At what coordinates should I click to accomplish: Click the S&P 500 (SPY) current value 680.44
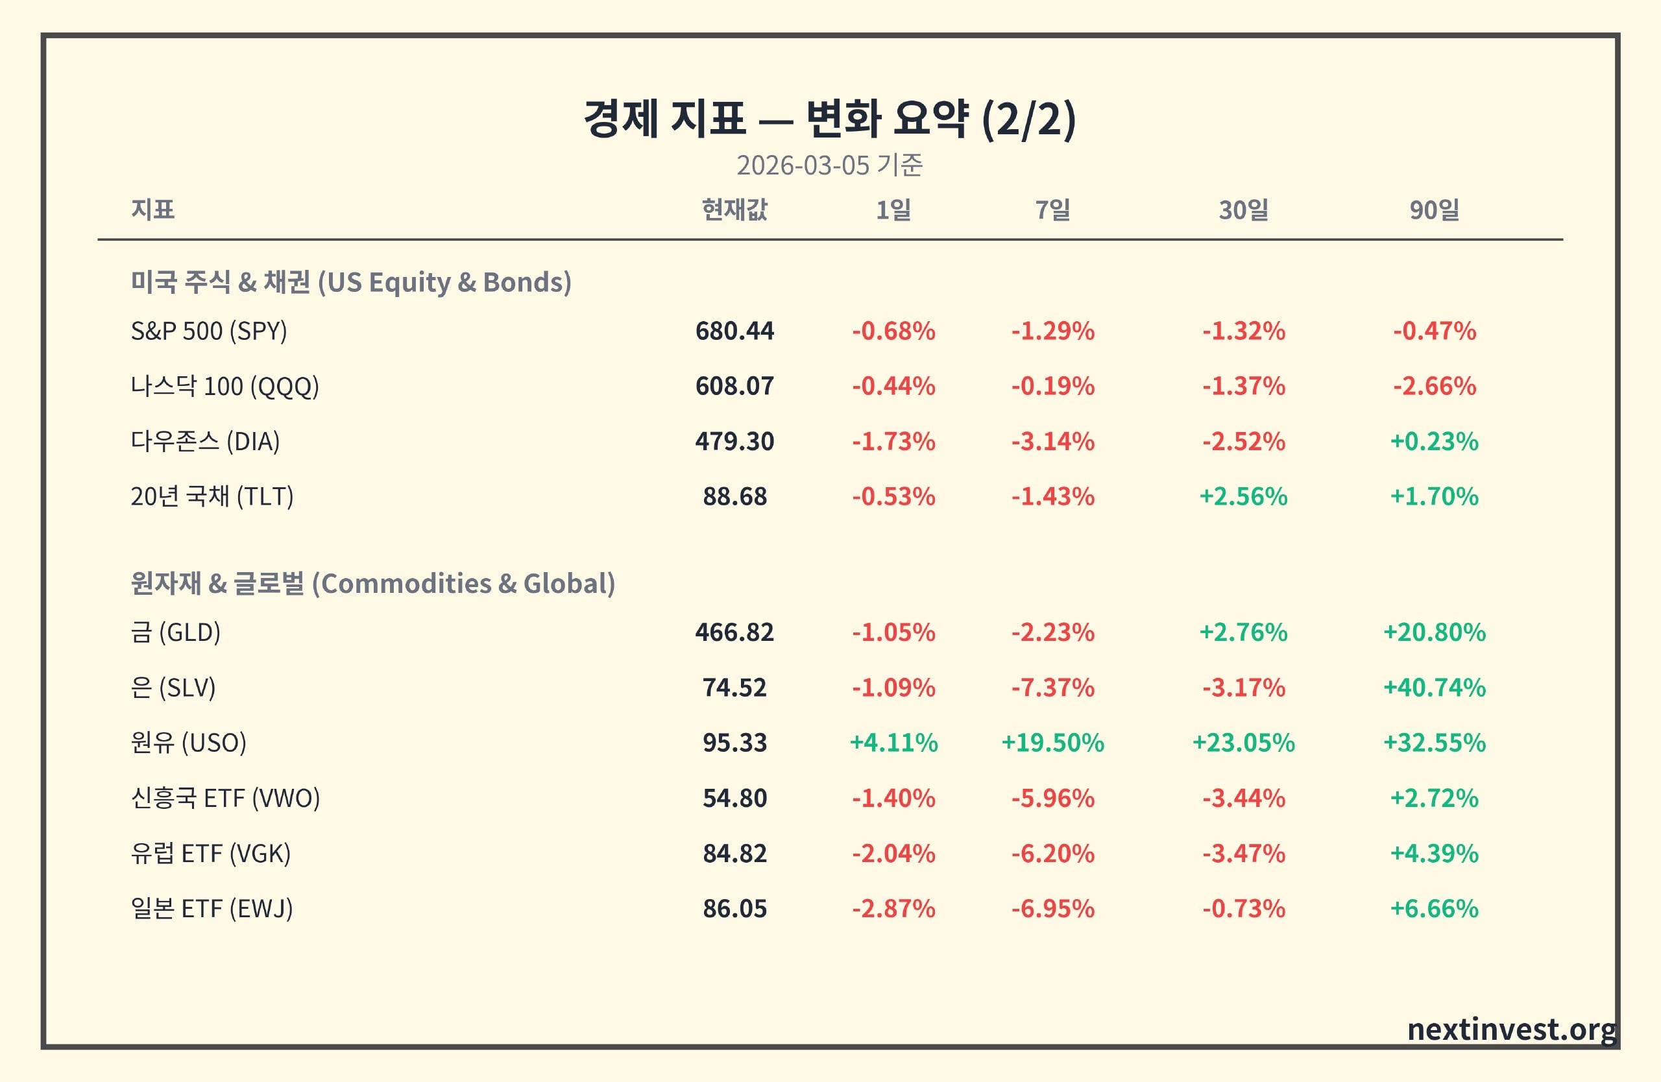pyautogui.click(x=734, y=331)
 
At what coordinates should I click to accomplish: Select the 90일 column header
pyautogui.click(x=1434, y=210)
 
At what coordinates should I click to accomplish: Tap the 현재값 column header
pyautogui.click(x=734, y=210)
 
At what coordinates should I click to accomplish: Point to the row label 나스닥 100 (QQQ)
pyautogui.click(x=224, y=387)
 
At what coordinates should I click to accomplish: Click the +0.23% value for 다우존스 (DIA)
pyautogui.click(x=1434, y=442)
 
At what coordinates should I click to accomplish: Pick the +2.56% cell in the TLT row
pyautogui.click(x=1243, y=497)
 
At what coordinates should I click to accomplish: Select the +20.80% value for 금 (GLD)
pyautogui.click(x=1434, y=632)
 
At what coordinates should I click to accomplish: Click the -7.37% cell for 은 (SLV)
pyautogui.click(x=1052, y=688)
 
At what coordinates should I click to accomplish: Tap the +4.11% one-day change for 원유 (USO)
pyautogui.click(x=893, y=743)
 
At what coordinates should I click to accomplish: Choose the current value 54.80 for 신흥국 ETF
pyautogui.click(x=734, y=798)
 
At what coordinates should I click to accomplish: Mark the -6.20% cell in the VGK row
pyautogui.click(x=1052, y=854)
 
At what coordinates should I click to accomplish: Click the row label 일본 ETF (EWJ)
pyautogui.click(x=212, y=909)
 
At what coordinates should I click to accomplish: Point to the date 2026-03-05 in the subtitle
pyautogui.click(x=803, y=165)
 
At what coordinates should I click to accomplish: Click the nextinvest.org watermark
pyautogui.click(x=1512, y=1029)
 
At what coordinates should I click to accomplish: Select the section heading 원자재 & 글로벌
pyautogui.click(x=218, y=583)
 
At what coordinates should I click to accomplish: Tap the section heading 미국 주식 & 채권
pyautogui.click(x=221, y=282)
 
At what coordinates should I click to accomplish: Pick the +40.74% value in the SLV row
pyautogui.click(x=1434, y=688)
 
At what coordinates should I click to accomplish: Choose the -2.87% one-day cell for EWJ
pyautogui.click(x=893, y=909)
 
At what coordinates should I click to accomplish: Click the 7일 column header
pyautogui.click(x=1052, y=210)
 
